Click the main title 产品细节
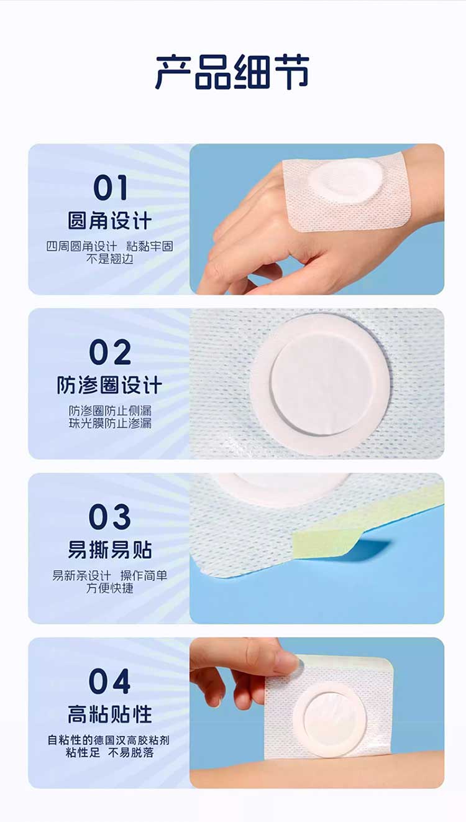(x=232, y=72)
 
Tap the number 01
(x=111, y=188)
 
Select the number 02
(x=110, y=352)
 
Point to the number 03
(x=109, y=516)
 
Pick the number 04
(x=109, y=681)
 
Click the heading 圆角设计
(x=109, y=221)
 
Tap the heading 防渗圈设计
(x=109, y=386)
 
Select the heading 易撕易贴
(x=109, y=550)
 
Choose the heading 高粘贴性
(x=109, y=714)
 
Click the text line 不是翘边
(x=109, y=259)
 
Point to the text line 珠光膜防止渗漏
(x=109, y=423)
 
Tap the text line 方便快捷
(x=109, y=588)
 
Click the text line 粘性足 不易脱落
(x=109, y=752)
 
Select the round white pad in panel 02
(x=319, y=385)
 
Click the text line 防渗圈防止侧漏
(x=109, y=410)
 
